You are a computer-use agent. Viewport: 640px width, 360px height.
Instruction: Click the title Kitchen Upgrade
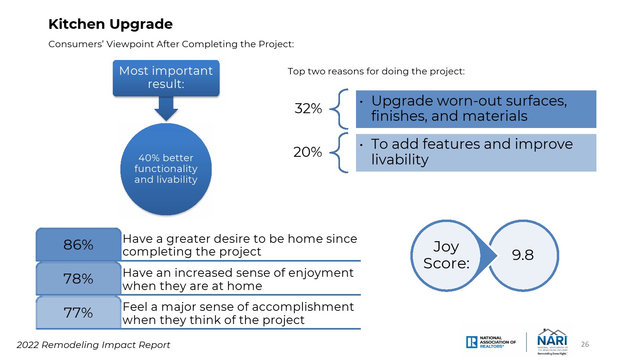(x=110, y=24)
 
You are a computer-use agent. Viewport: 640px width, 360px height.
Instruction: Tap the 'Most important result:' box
(x=166, y=78)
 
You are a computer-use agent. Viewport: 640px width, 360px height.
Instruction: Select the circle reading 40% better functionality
(x=166, y=169)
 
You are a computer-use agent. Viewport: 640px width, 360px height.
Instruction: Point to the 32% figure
(x=308, y=108)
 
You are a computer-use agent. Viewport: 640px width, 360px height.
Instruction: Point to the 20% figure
(x=308, y=152)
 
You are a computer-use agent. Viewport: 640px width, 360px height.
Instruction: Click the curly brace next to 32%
(x=339, y=109)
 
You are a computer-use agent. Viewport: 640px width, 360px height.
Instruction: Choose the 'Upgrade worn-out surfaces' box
(x=476, y=109)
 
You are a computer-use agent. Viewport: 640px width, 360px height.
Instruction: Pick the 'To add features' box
(x=476, y=152)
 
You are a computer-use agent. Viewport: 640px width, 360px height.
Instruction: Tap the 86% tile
(x=78, y=244)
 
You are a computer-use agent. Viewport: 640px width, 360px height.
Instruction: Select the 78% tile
(x=78, y=278)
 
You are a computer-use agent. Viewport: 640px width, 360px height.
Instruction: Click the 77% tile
(x=78, y=312)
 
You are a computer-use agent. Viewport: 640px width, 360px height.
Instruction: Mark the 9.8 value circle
(x=523, y=256)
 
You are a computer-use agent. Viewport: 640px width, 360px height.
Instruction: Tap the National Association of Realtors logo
(x=491, y=342)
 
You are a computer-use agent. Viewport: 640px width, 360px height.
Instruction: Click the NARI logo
(x=552, y=342)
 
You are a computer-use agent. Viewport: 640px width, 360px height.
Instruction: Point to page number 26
(x=585, y=344)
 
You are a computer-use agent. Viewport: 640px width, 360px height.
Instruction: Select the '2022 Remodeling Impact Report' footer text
(x=93, y=345)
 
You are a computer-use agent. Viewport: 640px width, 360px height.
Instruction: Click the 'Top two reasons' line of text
(x=376, y=71)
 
